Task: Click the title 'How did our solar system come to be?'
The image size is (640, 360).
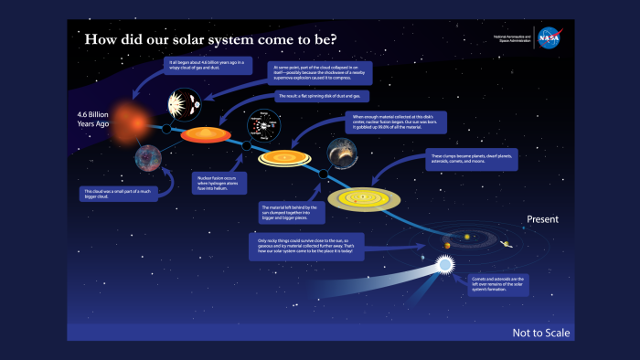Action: pyautogui.click(x=211, y=41)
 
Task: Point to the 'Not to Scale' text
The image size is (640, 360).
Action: pyautogui.click(x=540, y=333)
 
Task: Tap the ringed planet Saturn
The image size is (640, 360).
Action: pyautogui.click(x=506, y=244)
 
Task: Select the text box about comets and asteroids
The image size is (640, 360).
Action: pyautogui.click(x=498, y=283)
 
